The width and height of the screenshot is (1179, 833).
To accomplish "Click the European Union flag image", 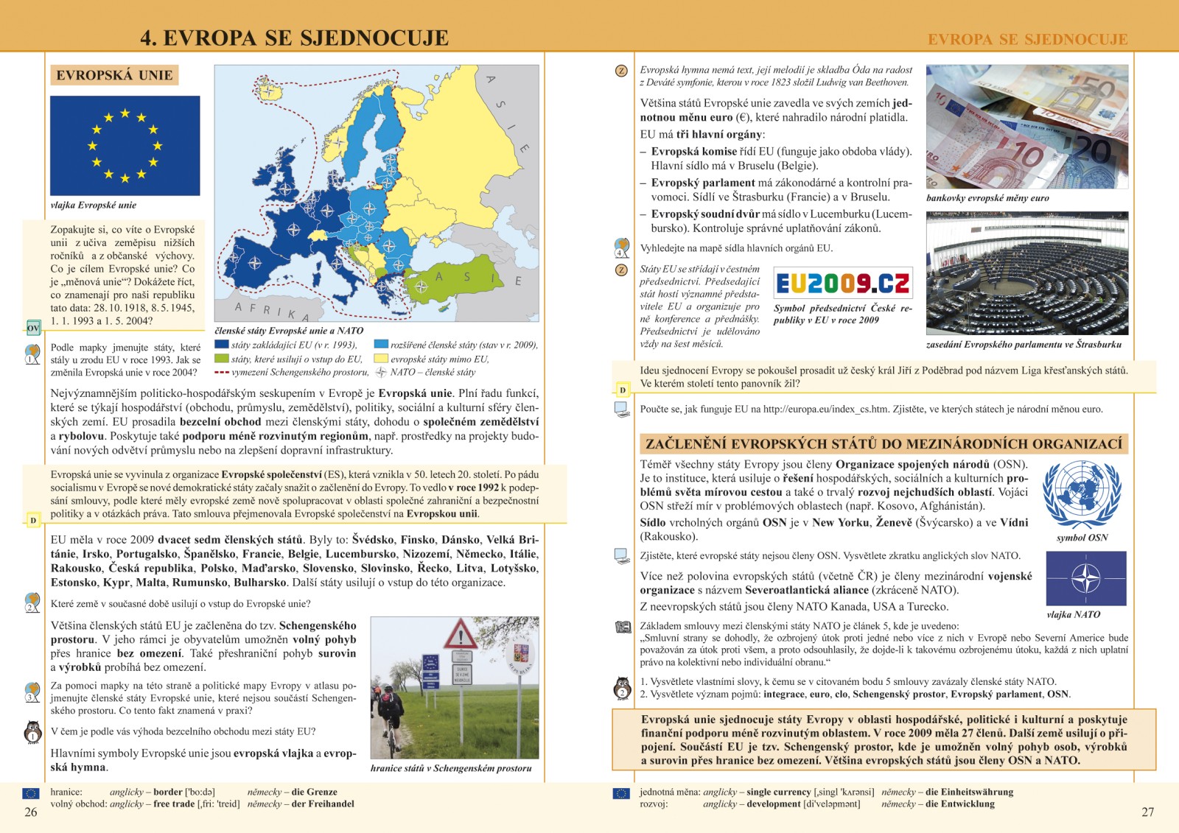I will click(125, 145).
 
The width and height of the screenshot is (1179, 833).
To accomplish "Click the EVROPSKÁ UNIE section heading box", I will click(114, 75).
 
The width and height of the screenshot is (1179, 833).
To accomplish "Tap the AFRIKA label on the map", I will click(272, 312).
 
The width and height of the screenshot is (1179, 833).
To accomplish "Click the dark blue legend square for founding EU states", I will click(221, 344).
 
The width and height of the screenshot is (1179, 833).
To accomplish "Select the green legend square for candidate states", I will click(221, 359).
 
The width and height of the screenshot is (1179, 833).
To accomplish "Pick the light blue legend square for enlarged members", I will click(381, 344).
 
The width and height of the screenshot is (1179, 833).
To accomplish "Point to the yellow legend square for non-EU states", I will click(381, 359).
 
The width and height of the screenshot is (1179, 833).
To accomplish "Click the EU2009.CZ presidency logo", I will click(842, 283).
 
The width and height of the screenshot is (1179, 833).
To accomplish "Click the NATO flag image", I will click(1085, 579).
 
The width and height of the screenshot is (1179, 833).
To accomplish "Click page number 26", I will click(31, 812).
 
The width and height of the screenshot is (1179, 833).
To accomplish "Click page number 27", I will click(1147, 812).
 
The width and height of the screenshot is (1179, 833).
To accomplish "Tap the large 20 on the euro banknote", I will click(1093, 151).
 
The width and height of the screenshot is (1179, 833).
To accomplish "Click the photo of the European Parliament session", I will click(1026, 273).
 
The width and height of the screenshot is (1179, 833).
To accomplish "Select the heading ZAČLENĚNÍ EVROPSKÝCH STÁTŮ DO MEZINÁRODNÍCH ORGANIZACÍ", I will click(884, 443).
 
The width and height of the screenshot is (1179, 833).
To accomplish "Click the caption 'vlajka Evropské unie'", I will click(93, 205).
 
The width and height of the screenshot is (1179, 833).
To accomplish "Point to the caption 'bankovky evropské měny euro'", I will click(987, 198).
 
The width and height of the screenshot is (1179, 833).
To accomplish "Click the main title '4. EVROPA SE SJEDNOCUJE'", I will click(294, 38).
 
